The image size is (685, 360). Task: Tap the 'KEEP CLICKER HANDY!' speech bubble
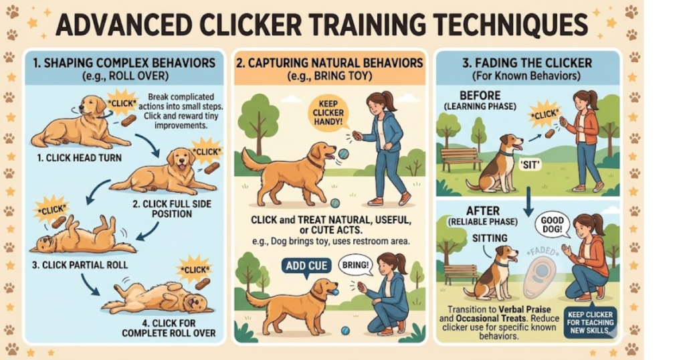pos(328,112)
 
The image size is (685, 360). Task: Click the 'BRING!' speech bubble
pos(355,265)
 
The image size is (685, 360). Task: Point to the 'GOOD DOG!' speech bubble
pos(552,225)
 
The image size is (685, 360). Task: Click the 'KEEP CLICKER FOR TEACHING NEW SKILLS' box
pos(590,323)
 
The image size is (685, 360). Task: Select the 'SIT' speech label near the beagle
pos(530,165)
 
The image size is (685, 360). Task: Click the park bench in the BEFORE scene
pos(462,159)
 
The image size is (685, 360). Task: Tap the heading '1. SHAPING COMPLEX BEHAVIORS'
pos(124,63)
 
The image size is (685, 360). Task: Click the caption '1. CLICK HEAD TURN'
pos(79,158)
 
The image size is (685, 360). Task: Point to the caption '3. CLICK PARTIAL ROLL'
pos(80,265)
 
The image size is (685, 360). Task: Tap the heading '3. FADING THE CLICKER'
pos(527,62)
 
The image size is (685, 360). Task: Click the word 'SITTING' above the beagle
pos(490,238)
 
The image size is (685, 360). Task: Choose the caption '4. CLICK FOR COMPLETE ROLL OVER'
pos(169,328)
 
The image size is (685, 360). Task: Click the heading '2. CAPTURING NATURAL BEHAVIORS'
pos(330,63)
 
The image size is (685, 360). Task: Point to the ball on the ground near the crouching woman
pos(346,331)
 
